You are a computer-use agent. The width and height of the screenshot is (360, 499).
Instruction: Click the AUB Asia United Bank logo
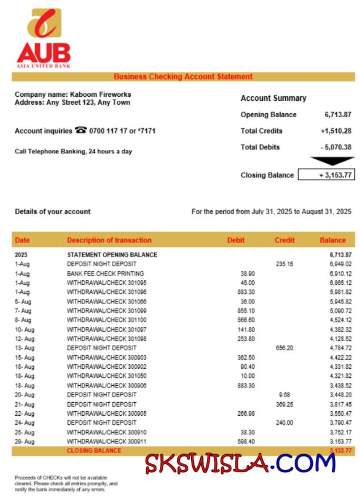pos(44,39)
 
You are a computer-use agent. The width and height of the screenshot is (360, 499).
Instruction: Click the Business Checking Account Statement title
pos(183,76)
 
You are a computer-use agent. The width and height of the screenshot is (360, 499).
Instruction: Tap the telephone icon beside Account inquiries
pos(81,130)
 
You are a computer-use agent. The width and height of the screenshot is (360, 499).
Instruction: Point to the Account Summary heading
pos(273,98)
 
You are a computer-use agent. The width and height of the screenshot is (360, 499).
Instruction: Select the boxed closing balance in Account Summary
pos(326,175)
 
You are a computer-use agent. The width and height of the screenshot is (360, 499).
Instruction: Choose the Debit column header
pos(236,240)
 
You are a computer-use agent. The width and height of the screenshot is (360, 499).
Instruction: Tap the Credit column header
pos(285,240)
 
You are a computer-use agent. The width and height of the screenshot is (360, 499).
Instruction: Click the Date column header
pos(23,240)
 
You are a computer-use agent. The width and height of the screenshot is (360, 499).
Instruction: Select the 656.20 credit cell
pos(285,348)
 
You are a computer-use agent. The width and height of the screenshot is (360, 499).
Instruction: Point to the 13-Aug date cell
pos(23,348)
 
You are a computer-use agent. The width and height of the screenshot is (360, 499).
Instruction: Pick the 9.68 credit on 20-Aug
pos(285,395)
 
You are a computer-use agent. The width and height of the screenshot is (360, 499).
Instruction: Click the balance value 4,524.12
pos(340,320)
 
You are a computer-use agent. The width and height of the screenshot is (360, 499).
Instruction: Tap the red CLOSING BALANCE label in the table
pos(94,451)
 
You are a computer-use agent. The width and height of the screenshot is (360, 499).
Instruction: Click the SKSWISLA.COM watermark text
pos(240,463)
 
